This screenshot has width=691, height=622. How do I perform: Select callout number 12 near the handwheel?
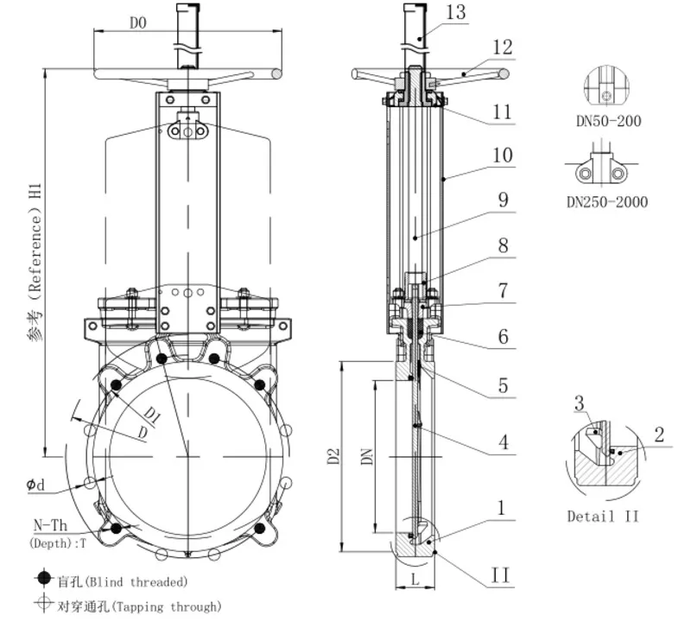coord(503,48)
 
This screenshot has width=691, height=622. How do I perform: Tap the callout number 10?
coord(502,156)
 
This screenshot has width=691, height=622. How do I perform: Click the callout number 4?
coord(502,443)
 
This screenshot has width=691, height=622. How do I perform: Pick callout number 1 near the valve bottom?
coord(502,506)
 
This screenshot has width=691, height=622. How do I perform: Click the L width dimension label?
coord(415,581)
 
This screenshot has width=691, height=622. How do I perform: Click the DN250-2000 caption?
coord(606,202)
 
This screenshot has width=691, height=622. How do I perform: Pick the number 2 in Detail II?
coord(658,435)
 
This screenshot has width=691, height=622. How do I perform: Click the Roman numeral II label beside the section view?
coord(501,574)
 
